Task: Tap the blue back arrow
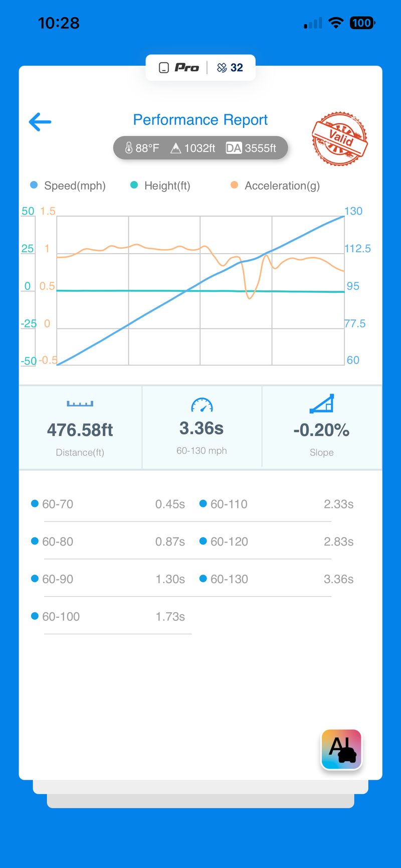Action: tap(40, 122)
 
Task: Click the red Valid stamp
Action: tap(340, 138)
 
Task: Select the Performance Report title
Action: tap(200, 120)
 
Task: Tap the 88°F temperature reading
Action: tap(142, 148)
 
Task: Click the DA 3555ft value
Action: tap(251, 148)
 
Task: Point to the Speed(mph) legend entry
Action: tap(68, 186)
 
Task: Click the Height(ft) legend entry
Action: tap(160, 186)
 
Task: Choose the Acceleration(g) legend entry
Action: tap(275, 186)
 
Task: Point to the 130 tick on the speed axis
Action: tap(353, 211)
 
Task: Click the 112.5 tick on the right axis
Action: tap(358, 249)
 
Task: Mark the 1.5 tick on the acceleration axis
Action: tap(48, 211)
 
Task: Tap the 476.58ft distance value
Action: tap(80, 430)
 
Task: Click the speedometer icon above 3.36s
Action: tap(202, 405)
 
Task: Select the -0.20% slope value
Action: tap(321, 430)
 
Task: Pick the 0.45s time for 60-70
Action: tap(170, 504)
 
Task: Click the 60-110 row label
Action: tap(229, 504)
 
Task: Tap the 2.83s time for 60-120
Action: tap(339, 542)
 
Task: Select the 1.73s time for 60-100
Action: tap(170, 616)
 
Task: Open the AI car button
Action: tap(341, 750)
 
